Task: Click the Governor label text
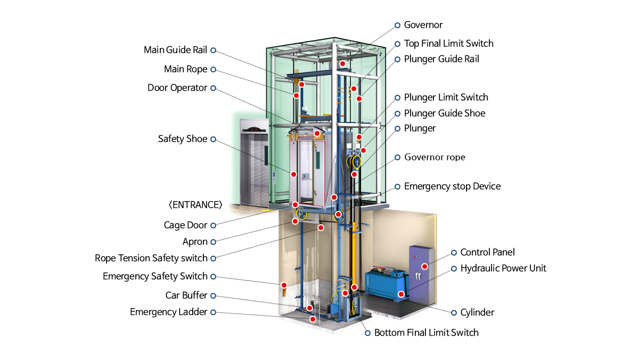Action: [x=423, y=25]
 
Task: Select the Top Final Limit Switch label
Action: [x=449, y=43]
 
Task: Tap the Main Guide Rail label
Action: [x=175, y=50]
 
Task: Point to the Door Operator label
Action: [x=177, y=88]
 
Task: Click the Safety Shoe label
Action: [x=183, y=139]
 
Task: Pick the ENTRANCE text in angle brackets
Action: [x=195, y=205]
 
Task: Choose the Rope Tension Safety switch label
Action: [x=151, y=258]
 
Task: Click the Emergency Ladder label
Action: [x=168, y=312]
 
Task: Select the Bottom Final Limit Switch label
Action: [x=426, y=333]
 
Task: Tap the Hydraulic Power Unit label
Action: [x=503, y=268]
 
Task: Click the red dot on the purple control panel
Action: [x=424, y=266]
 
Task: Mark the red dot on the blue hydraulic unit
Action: [x=401, y=294]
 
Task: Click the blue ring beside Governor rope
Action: [x=397, y=158]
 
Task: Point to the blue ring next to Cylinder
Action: [x=454, y=313]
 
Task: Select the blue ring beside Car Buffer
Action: [x=213, y=296]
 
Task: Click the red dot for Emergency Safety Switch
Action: [x=284, y=285]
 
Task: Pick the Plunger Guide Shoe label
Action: [x=445, y=113]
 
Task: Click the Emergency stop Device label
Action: [x=452, y=186]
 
